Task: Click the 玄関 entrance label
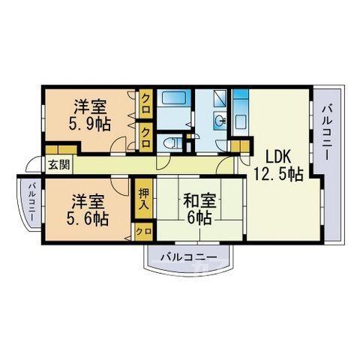point(59,165)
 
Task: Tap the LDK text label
point(278,157)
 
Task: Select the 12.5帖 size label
point(278,174)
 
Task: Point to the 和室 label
point(199,201)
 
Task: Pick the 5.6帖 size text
point(87,218)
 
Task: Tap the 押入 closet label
point(144,199)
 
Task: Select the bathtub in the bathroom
point(174,97)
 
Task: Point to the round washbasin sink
point(220,121)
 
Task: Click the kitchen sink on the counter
point(241,121)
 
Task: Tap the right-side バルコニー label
point(327,133)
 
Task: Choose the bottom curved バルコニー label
point(189,257)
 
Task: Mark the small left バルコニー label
point(32,202)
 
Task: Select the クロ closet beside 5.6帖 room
point(144,232)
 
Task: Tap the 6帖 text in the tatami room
point(199,218)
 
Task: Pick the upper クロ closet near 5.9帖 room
point(145,103)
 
